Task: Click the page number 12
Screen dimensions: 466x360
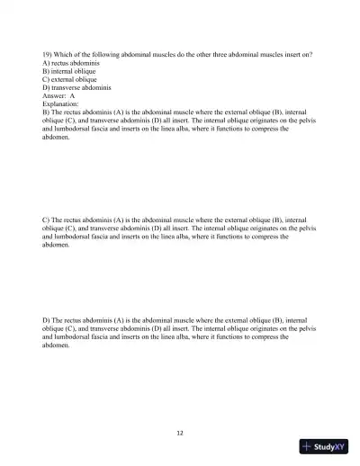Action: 180,433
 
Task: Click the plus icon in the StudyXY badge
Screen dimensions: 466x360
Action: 308,447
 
